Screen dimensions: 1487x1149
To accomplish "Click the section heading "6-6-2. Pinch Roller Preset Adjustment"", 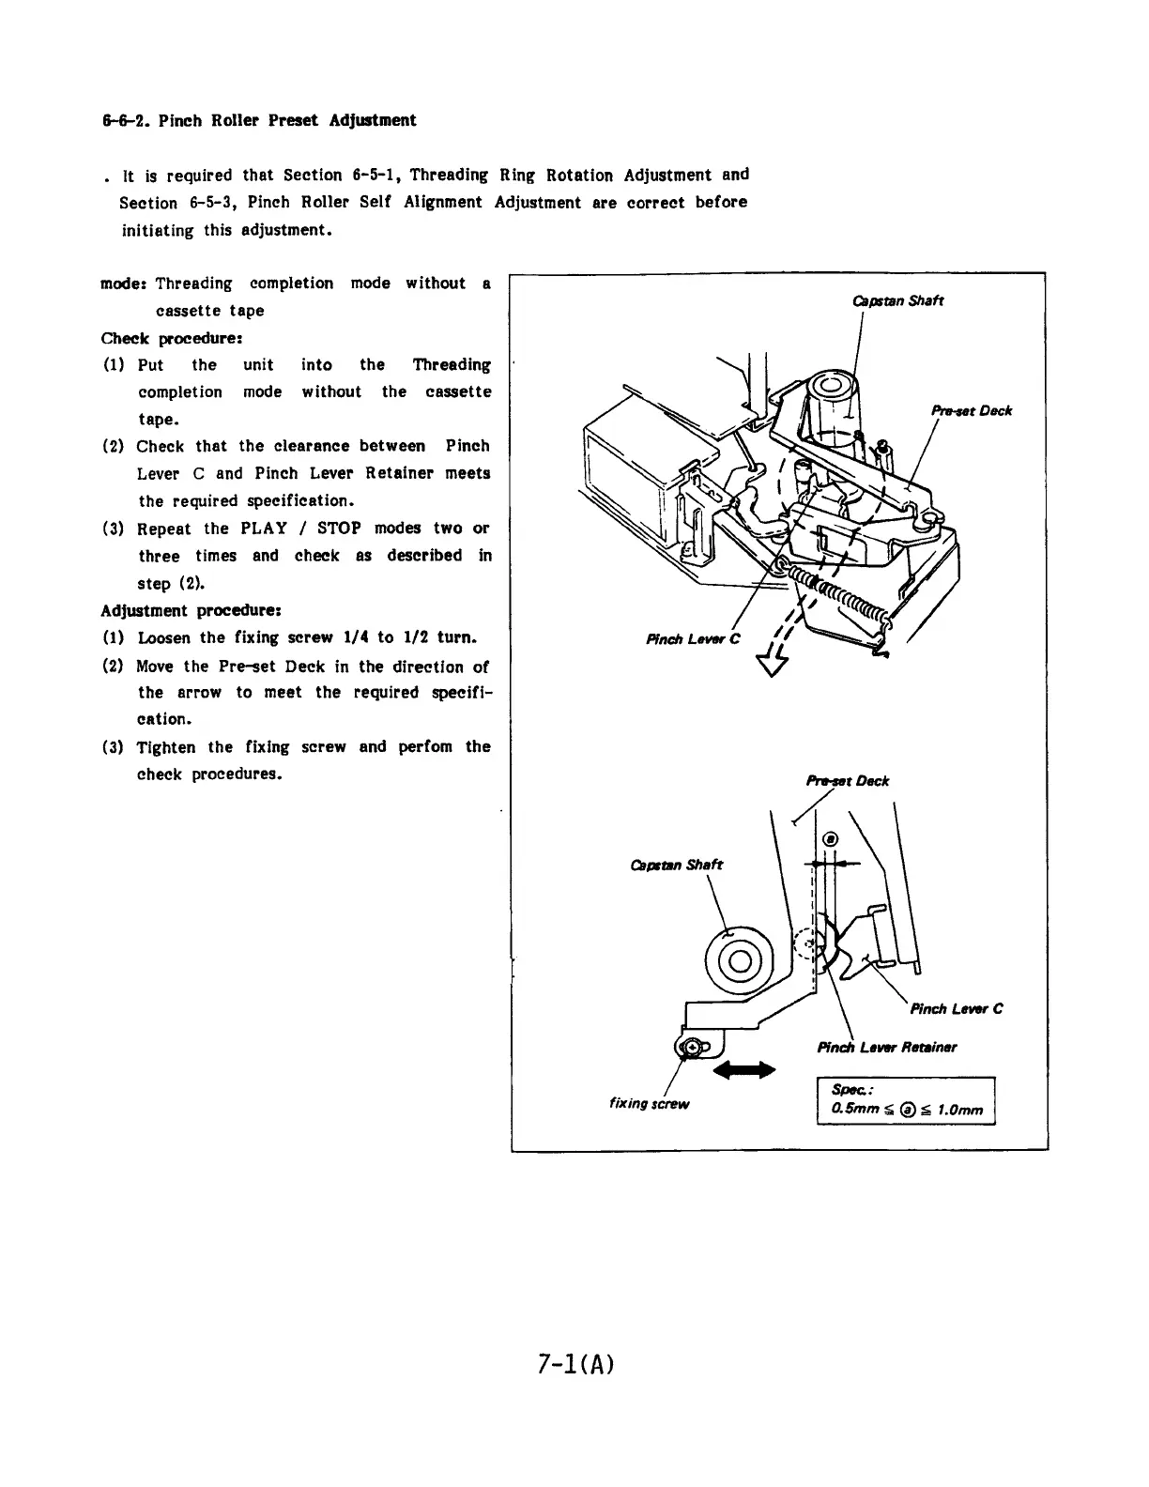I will [258, 120].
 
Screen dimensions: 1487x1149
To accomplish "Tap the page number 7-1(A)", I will [575, 1363].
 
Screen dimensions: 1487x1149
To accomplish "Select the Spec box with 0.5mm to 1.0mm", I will [905, 1101].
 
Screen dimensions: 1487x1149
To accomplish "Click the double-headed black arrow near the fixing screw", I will [745, 1069].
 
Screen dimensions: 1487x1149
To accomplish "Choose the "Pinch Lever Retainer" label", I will [886, 1047].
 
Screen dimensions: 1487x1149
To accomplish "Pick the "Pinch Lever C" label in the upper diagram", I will [694, 640].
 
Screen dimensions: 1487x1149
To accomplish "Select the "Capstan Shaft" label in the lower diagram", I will [676, 865].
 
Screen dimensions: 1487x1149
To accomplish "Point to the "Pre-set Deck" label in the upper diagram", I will [971, 410].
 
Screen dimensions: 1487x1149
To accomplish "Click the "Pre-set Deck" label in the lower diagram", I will [847, 780].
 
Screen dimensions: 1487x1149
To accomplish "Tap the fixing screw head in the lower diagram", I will [690, 1047].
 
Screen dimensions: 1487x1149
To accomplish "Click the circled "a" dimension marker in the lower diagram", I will [829, 839].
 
